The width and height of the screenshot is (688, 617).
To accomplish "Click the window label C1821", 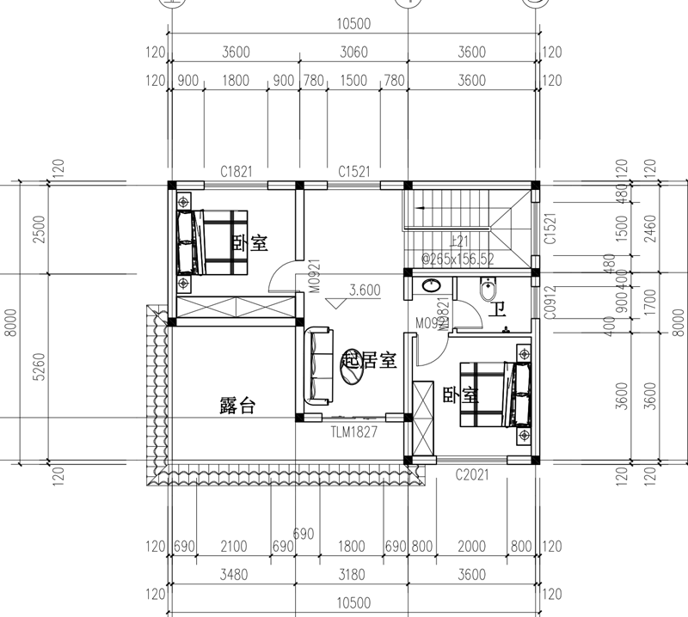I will [x=236, y=172].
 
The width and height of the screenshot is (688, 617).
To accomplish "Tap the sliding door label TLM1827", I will [x=354, y=432].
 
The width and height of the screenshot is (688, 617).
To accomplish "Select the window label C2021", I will [x=472, y=473].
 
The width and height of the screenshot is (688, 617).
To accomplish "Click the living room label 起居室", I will [x=369, y=360].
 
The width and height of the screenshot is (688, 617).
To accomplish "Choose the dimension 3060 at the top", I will [x=353, y=52].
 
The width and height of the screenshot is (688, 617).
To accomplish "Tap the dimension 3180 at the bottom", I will [x=353, y=575].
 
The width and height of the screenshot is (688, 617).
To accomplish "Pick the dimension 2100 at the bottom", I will [x=233, y=547].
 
